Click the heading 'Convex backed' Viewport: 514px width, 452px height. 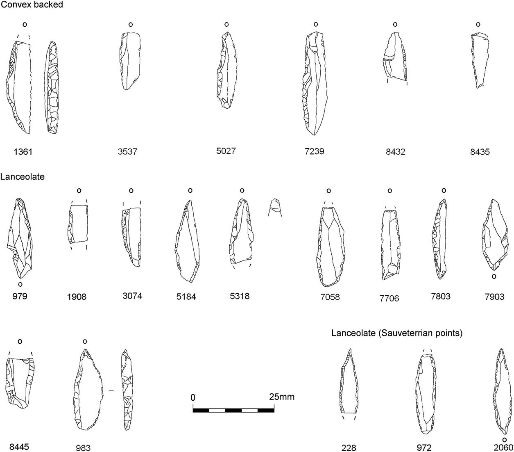click(x=32, y=5)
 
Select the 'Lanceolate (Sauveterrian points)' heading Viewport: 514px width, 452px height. click(x=397, y=333)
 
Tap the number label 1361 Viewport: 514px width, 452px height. click(x=23, y=152)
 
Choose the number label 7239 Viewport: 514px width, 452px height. click(x=315, y=151)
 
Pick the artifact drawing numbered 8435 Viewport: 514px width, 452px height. click(x=480, y=60)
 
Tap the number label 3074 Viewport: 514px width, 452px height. click(x=132, y=296)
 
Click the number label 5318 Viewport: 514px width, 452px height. click(x=240, y=296)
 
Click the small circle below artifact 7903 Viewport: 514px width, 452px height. click(x=494, y=276)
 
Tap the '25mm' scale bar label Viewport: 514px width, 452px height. click(x=282, y=397)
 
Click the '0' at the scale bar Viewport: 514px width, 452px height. click(x=192, y=397)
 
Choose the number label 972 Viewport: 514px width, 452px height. click(x=424, y=447)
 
